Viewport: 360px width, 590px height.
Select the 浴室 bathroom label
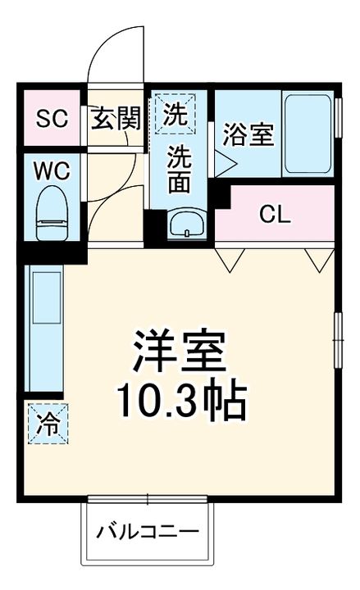248,134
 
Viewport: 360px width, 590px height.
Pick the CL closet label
275,215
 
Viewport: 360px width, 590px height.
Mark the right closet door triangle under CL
317,260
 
